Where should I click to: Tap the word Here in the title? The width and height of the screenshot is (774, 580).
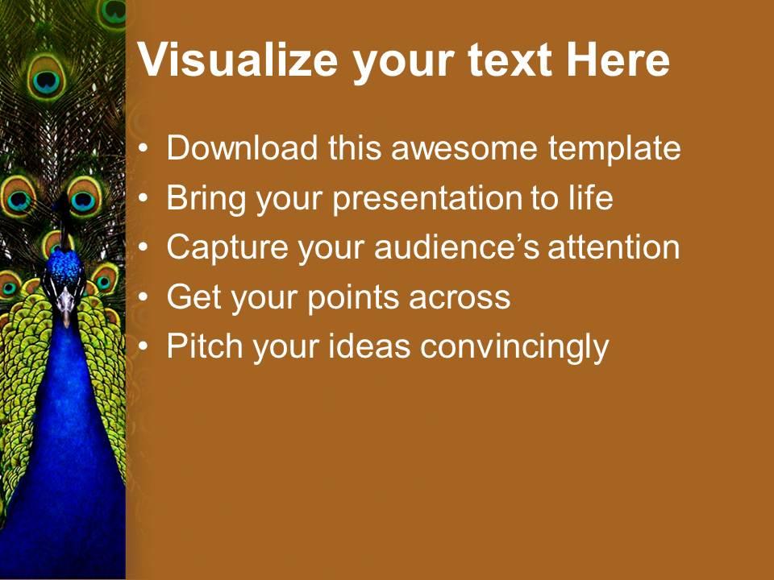618,60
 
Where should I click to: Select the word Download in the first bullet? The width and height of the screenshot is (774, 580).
242,147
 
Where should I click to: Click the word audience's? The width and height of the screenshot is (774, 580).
456,247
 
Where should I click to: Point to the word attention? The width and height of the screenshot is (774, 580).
614,247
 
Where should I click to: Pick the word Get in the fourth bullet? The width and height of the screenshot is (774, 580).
194,296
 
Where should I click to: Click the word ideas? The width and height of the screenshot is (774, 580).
369,346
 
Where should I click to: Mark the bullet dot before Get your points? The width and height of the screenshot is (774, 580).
144,297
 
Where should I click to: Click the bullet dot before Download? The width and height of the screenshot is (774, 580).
144,148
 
